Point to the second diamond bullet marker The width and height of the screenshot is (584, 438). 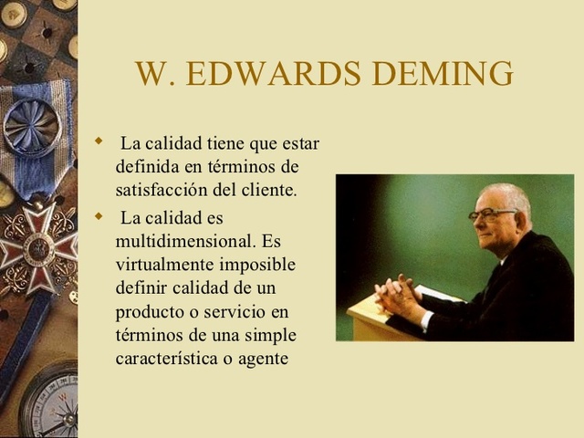(x=99, y=215)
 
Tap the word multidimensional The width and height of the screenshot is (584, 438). (x=182, y=242)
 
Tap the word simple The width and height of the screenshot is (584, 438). (x=271, y=335)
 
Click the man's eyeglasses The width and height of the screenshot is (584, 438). (x=493, y=214)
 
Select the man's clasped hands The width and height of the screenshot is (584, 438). (x=399, y=297)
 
